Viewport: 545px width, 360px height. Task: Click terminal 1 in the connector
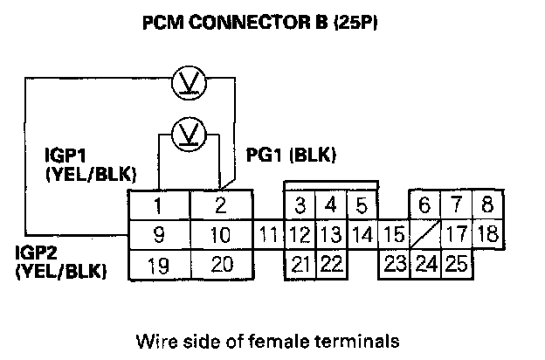(159, 207)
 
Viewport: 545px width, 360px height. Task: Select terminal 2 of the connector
(221, 207)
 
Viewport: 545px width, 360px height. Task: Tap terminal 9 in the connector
(159, 235)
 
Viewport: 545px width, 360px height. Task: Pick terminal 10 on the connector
(221, 235)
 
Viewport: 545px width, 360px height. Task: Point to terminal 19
(159, 263)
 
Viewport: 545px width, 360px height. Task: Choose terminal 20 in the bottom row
(221, 263)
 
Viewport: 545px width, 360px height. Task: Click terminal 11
(270, 235)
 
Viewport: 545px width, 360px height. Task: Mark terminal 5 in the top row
(362, 207)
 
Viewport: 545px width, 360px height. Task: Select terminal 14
(362, 235)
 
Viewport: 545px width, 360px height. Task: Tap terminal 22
(330, 263)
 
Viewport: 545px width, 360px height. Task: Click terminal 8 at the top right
(487, 207)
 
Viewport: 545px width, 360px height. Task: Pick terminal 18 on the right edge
(487, 235)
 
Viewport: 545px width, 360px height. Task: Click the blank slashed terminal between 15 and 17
(425, 235)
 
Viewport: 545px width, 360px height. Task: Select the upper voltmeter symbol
(185, 82)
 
